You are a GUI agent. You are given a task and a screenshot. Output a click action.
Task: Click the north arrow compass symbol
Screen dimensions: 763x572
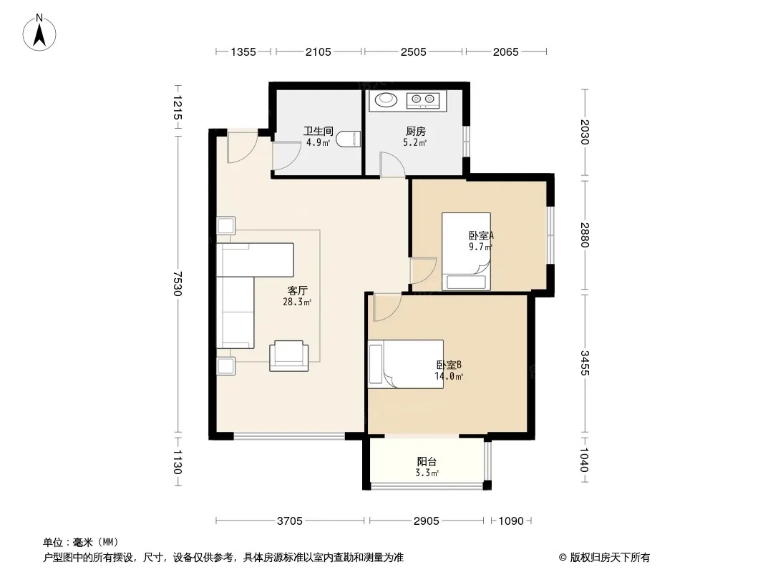(39, 33)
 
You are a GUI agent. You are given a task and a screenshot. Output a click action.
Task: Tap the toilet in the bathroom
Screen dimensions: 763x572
(348, 139)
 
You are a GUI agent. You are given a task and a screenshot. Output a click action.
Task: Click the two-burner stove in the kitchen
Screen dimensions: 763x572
(423, 101)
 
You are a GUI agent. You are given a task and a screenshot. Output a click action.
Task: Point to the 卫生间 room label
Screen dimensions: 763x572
(319, 132)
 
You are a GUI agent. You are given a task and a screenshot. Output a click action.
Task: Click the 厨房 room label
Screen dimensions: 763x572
(416, 132)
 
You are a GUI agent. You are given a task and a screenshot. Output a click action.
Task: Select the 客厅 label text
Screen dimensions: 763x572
(297, 290)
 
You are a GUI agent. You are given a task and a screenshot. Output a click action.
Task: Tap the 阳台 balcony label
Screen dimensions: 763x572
(427, 462)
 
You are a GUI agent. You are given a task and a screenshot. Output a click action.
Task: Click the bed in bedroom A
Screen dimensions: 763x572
(466, 251)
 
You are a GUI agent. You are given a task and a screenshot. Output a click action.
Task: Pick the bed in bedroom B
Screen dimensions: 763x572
(405, 364)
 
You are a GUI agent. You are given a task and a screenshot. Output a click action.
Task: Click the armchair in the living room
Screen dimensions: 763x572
(289, 356)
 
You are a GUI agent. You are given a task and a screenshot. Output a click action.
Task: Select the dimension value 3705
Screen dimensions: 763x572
(290, 521)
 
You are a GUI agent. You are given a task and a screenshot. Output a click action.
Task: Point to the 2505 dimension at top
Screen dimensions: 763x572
(413, 51)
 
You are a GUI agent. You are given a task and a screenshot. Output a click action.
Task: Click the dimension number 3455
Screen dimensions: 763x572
(585, 363)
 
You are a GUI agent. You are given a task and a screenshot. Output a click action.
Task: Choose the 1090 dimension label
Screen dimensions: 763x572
(511, 521)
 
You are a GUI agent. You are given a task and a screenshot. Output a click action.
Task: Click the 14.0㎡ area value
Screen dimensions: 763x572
(449, 376)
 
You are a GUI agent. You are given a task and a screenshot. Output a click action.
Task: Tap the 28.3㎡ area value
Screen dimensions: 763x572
(297, 302)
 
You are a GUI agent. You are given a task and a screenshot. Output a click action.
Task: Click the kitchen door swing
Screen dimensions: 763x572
(392, 164)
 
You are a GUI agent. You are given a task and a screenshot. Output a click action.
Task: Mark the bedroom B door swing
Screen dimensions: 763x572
(387, 307)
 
